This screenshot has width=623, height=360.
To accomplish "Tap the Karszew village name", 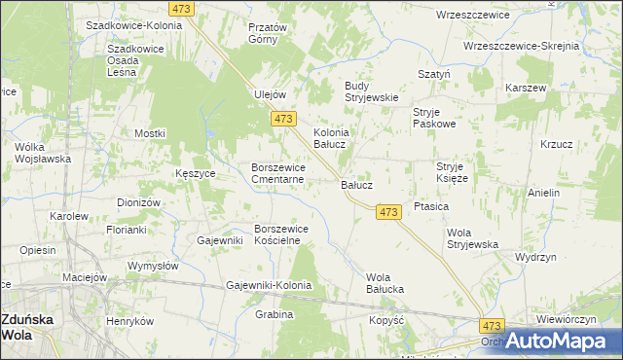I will tap(525, 88).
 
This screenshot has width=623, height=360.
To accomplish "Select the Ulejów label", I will tap(269, 94).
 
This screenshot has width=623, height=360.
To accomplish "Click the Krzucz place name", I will tap(556, 144).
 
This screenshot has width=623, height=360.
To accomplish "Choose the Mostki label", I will tap(150, 133).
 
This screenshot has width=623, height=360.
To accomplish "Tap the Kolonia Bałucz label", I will tap(331, 138).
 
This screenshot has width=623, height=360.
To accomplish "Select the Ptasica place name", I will tap(430, 206).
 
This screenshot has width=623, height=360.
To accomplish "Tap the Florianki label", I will tap(127, 231).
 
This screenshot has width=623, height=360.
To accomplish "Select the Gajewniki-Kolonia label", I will tap(268, 285).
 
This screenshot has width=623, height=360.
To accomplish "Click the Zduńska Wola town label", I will tap(26, 326).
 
